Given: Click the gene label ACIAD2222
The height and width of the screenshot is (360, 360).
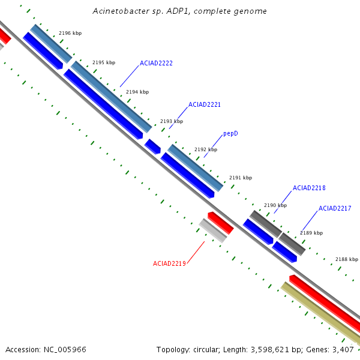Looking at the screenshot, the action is [x=156, y=63].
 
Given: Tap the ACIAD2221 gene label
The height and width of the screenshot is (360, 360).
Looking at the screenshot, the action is [x=205, y=104].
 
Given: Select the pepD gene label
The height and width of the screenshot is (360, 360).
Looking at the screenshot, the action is [x=230, y=134].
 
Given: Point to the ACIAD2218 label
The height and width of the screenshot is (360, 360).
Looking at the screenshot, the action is [x=309, y=188].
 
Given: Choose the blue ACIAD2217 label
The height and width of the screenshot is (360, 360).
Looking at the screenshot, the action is [x=335, y=208].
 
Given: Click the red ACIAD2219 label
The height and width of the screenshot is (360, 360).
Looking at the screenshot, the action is [x=169, y=263].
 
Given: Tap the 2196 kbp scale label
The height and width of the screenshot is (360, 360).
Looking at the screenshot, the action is [x=70, y=33].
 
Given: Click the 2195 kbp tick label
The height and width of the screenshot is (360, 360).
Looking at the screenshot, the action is [x=104, y=62].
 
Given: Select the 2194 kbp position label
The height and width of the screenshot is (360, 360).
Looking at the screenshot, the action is [x=137, y=92].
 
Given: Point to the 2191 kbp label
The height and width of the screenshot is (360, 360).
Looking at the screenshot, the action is [x=241, y=178].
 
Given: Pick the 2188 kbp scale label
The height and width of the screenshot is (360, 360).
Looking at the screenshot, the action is [x=347, y=259].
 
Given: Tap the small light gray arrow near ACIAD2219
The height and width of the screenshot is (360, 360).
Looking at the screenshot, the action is [x=213, y=230].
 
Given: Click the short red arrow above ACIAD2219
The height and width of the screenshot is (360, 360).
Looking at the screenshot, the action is [x=221, y=223].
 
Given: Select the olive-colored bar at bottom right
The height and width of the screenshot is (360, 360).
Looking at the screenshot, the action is [x=320, y=313].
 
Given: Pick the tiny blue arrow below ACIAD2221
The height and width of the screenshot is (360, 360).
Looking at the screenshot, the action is [x=152, y=146].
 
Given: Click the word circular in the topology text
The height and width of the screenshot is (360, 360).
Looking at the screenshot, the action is [x=206, y=350].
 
